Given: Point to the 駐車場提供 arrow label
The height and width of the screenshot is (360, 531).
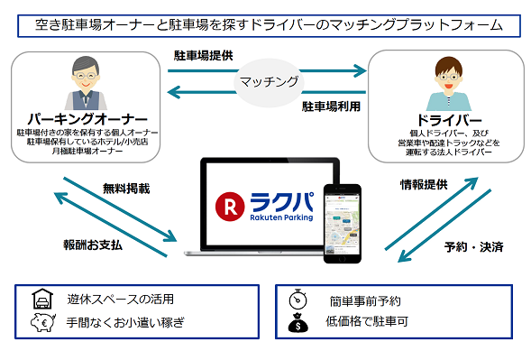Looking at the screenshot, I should (204, 55).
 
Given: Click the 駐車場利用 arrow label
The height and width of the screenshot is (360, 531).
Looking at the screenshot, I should (331, 106).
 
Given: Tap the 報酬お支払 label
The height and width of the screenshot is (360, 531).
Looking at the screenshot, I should (93, 245).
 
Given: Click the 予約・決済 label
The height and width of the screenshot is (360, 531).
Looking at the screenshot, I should (473, 245).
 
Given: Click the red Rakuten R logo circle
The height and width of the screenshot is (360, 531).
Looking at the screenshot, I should (224, 206).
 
